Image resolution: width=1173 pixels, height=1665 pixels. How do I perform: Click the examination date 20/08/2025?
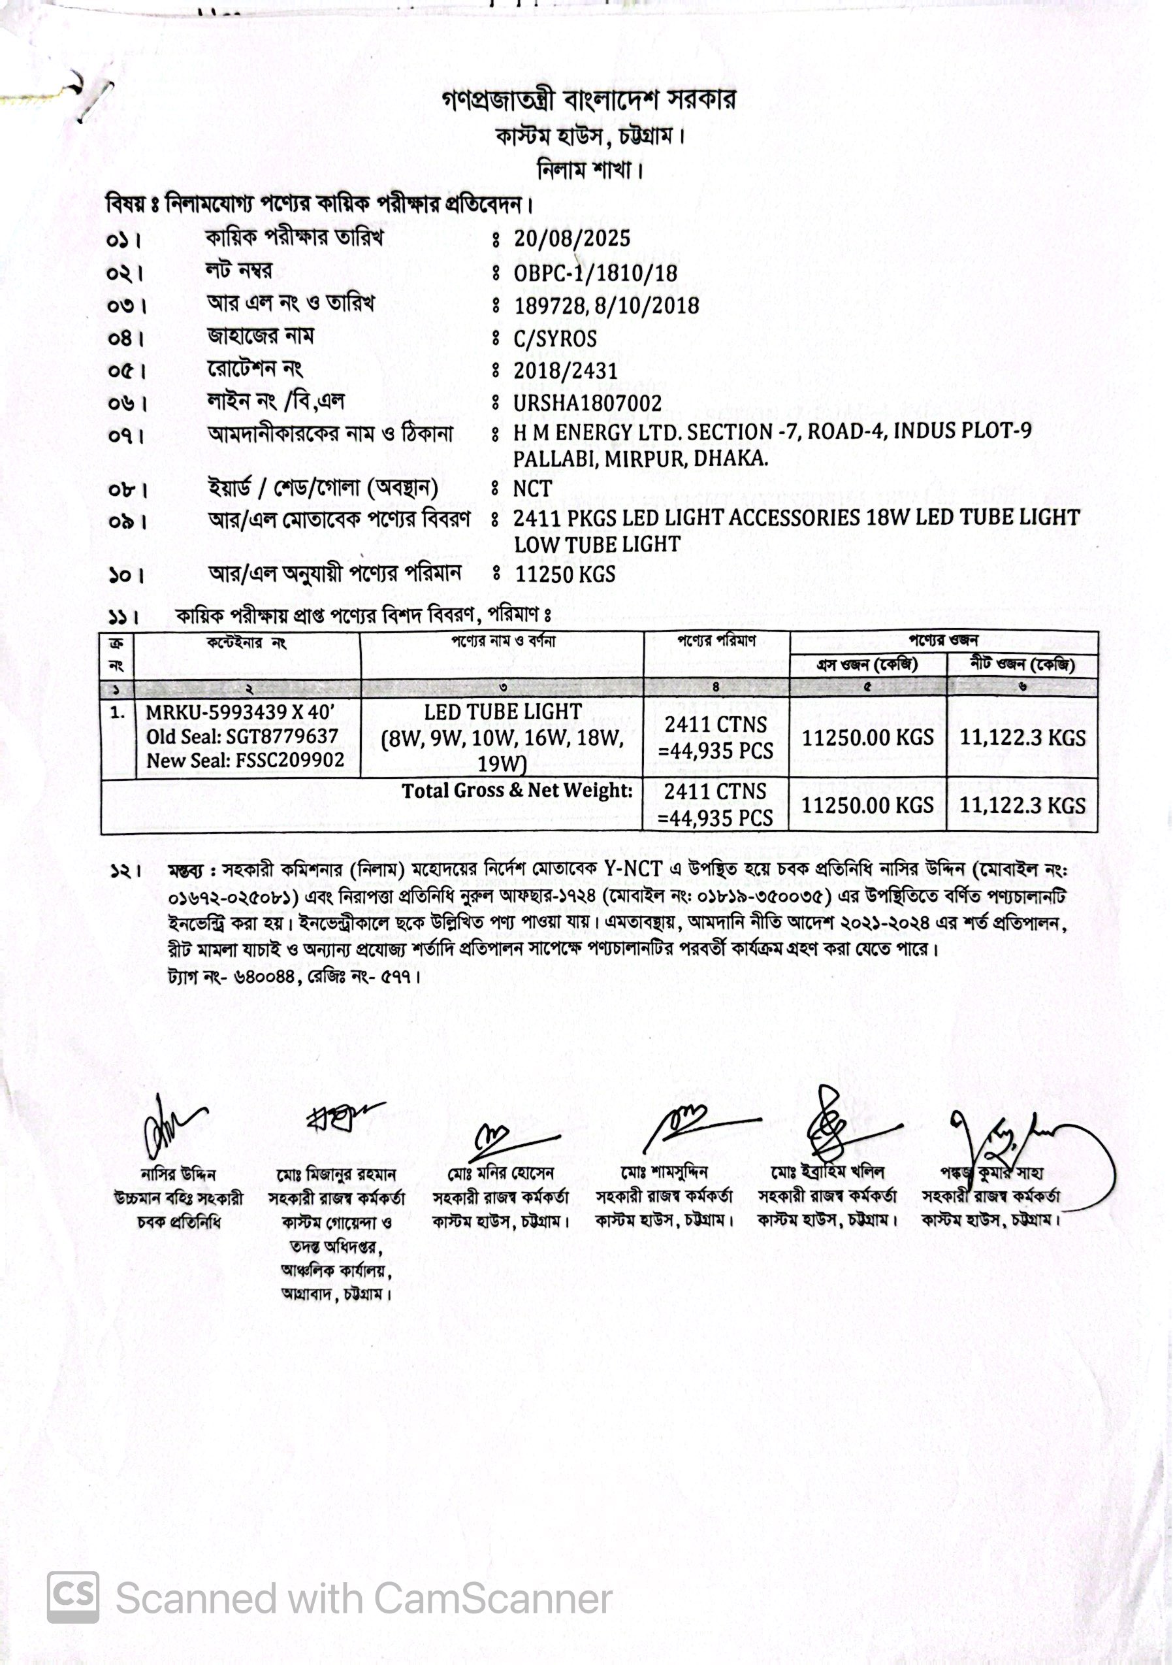click(x=572, y=239)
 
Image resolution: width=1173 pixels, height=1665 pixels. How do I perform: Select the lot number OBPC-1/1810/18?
click(x=595, y=272)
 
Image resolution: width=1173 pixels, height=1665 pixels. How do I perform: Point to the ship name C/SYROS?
click(x=555, y=338)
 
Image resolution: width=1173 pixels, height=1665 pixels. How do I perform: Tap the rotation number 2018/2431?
click(x=566, y=371)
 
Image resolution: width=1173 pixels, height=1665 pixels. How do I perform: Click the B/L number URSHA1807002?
click(x=587, y=403)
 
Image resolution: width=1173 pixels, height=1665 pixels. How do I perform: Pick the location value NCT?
click(x=532, y=489)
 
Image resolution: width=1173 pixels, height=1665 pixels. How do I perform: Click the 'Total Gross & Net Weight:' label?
click(x=517, y=791)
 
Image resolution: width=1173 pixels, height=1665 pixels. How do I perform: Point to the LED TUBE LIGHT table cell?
click(x=502, y=712)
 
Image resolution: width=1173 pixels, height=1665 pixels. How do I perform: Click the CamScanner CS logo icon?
click(x=73, y=1597)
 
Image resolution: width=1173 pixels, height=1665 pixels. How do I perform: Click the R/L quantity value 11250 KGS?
click(x=565, y=574)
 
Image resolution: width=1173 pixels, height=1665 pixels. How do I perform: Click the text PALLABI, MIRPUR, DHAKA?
click(x=640, y=459)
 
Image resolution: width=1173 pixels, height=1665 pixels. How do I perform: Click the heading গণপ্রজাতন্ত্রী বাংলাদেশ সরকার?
click(x=588, y=100)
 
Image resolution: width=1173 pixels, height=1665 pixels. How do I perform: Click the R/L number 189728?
click(x=549, y=305)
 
